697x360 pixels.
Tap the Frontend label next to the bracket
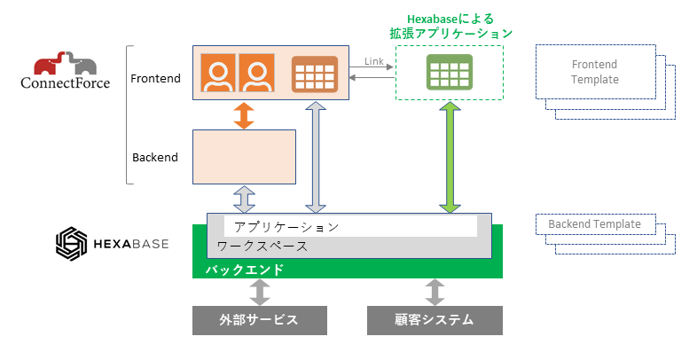point(155,78)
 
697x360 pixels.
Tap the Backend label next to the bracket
point(155,157)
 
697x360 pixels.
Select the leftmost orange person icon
point(218,74)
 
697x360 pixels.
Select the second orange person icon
point(257,74)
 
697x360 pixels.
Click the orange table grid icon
point(315,74)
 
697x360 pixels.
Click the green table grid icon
point(450,72)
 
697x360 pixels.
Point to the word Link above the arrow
point(374,61)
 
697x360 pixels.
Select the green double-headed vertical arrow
point(450,157)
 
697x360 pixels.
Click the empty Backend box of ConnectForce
point(244,157)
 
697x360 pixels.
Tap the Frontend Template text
point(594,72)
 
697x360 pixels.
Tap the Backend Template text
point(594,224)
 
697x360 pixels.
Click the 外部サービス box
point(259,320)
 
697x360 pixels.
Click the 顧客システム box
point(435,320)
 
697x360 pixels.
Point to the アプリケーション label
point(286,227)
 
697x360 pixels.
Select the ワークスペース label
point(263,246)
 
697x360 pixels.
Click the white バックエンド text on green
point(245,269)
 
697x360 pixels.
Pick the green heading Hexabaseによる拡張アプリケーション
point(450,25)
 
